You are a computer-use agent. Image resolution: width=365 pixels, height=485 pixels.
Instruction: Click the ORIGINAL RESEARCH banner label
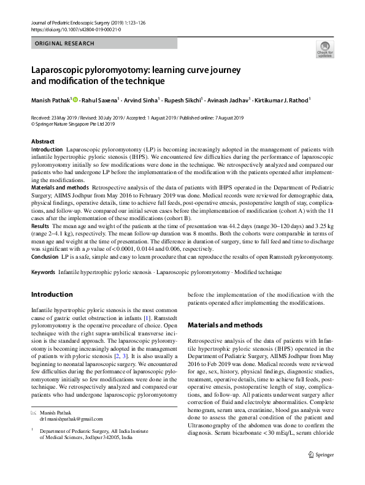pyautogui.click(x=65, y=44)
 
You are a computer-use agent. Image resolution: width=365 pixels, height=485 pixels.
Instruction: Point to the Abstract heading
pyautogui.click(x=42, y=142)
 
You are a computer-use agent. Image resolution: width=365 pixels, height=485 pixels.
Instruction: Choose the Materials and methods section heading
pyautogui.click(x=225, y=324)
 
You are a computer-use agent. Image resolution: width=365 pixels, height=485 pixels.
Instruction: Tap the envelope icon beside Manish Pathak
pyautogui.click(x=34, y=413)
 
